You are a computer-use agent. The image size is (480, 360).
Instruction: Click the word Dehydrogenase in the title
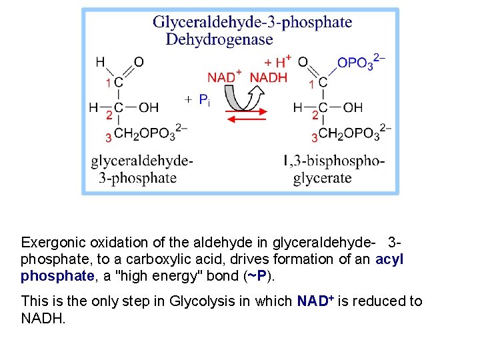(219, 40)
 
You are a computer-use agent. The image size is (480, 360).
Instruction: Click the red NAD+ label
(224, 77)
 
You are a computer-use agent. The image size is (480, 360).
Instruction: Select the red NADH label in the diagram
(268, 77)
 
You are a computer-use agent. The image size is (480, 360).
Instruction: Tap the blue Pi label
(205, 101)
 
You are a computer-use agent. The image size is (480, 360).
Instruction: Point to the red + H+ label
(277, 61)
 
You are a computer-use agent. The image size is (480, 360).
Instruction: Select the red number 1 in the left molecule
(109, 83)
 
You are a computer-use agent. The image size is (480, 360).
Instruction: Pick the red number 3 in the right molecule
(314, 137)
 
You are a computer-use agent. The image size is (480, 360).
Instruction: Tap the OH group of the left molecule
(149, 107)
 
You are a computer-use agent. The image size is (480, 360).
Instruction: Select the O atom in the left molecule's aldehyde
(139, 62)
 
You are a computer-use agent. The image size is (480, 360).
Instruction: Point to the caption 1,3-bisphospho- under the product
(333, 161)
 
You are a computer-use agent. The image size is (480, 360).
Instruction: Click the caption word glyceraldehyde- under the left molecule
(142, 161)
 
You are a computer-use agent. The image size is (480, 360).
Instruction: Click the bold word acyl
(389, 259)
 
